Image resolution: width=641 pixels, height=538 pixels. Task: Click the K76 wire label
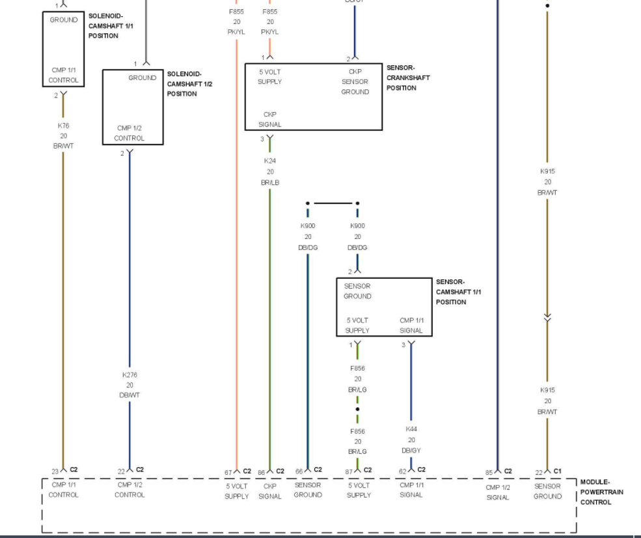(x=63, y=125)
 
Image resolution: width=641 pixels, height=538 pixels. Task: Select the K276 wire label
(x=129, y=375)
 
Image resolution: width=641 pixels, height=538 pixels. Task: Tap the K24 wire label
(x=270, y=160)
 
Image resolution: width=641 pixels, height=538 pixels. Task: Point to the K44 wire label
(x=411, y=430)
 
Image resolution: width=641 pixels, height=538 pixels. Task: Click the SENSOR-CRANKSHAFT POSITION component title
(x=408, y=78)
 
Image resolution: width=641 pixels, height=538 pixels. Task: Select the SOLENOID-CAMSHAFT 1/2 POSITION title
(x=189, y=84)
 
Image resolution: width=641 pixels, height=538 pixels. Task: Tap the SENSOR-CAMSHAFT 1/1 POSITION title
(x=458, y=292)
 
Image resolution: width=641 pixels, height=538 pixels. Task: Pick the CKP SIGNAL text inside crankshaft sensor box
(x=270, y=119)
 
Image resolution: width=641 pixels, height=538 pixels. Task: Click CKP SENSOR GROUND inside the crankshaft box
(x=355, y=81)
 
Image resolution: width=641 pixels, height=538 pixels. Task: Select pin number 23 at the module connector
(x=55, y=471)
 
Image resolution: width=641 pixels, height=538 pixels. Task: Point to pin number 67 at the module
(x=228, y=472)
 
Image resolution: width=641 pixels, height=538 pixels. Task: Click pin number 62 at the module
(x=403, y=471)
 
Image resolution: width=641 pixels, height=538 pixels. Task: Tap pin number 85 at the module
(x=489, y=472)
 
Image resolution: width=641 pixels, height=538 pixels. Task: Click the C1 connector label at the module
(x=557, y=471)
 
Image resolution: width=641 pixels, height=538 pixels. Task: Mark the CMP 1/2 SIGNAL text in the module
(x=497, y=492)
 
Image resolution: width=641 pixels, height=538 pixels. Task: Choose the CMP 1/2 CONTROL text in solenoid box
(x=130, y=133)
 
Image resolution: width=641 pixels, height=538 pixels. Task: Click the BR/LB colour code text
(x=270, y=182)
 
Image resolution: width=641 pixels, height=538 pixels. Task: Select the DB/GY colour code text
(x=411, y=451)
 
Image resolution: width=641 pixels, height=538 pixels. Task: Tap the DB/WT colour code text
(x=129, y=395)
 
